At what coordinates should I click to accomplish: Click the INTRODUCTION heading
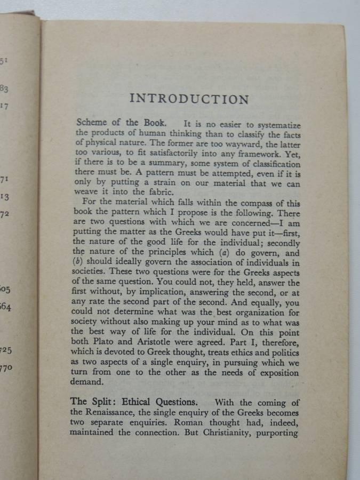[189, 99]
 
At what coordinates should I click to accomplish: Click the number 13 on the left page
[5, 197]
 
